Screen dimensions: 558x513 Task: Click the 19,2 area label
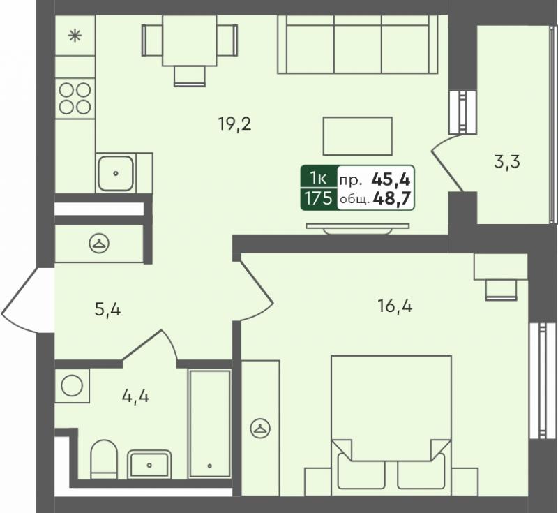pyautogui.click(x=235, y=125)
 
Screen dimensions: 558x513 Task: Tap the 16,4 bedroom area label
pyautogui.click(x=395, y=306)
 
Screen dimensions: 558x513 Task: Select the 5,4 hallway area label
pyautogui.click(x=107, y=309)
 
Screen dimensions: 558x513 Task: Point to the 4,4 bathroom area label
pyautogui.click(x=135, y=396)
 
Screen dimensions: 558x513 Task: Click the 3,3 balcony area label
pyautogui.click(x=507, y=162)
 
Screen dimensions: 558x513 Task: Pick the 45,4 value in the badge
pyautogui.click(x=391, y=179)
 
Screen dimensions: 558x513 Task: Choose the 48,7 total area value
pyautogui.click(x=392, y=198)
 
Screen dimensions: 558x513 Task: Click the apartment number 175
pyautogui.click(x=319, y=198)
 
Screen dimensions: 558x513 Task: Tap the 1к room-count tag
pyautogui.click(x=318, y=178)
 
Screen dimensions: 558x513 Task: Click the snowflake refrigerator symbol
pyautogui.click(x=75, y=36)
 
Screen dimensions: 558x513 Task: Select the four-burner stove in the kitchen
pyautogui.click(x=75, y=98)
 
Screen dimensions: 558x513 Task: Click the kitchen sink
pyautogui.click(x=116, y=173)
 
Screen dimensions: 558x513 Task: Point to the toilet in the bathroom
pyautogui.click(x=104, y=460)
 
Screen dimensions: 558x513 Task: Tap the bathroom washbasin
pyautogui.click(x=149, y=464)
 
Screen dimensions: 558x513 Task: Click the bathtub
pyautogui.click(x=210, y=424)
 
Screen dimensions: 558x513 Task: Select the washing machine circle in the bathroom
pyautogui.click(x=72, y=385)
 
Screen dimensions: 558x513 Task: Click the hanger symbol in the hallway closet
pyautogui.click(x=99, y=244)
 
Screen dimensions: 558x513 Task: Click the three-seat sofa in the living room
pyautogui.click(x=358, y=45)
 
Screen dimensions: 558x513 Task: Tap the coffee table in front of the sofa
pyautogui.click(x=358, y=136)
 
